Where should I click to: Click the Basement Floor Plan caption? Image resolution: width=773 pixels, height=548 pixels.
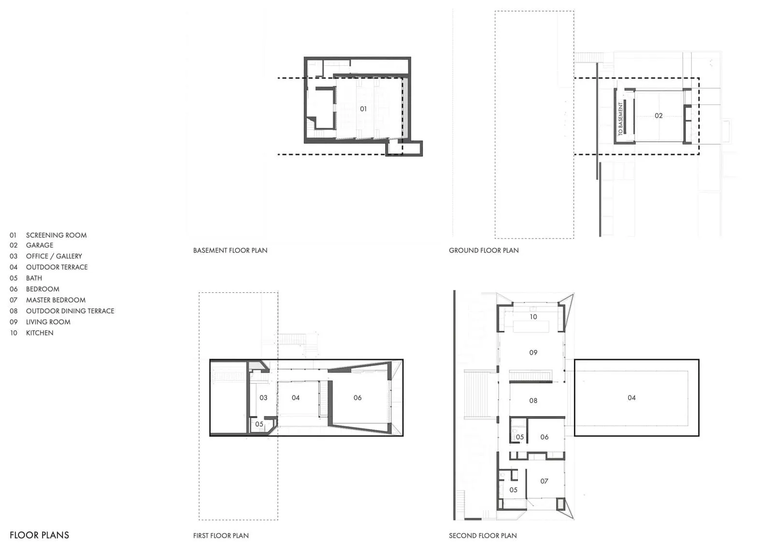[230, 250]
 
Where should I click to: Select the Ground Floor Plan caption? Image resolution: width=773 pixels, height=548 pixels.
[484, 250]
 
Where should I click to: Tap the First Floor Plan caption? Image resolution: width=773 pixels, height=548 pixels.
[221, 535]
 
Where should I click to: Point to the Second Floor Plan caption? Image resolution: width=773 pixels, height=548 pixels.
[483, 535]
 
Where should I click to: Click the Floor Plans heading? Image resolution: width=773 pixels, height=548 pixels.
[39, 535]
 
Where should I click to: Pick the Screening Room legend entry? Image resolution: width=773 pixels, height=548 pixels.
[48, 235]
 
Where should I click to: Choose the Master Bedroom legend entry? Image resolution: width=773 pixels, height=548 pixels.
[48, 300]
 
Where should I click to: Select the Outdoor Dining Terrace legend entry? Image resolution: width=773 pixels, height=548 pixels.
[62, 311]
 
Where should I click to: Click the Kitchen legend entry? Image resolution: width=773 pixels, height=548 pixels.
[31, 333]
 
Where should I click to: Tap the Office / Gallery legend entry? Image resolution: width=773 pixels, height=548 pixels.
[46, 256]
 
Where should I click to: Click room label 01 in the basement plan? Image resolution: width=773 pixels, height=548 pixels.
[363, 109]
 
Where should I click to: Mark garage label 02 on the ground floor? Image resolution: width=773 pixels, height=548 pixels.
[658, 115]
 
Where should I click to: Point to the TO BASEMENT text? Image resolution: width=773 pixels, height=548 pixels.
[620, 119]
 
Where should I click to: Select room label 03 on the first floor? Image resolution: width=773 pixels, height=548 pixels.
[263, 398]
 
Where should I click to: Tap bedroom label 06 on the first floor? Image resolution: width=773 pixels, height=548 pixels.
[358, 398]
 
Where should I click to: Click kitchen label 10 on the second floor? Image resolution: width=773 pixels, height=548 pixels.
[533, 317]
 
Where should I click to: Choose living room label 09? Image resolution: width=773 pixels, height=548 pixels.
[533, 353]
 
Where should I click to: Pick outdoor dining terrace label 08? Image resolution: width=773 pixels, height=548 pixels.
[533, 401]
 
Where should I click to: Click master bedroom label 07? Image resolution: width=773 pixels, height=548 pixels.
[544, 481]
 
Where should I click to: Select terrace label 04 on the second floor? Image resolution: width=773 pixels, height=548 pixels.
[631, 398]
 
